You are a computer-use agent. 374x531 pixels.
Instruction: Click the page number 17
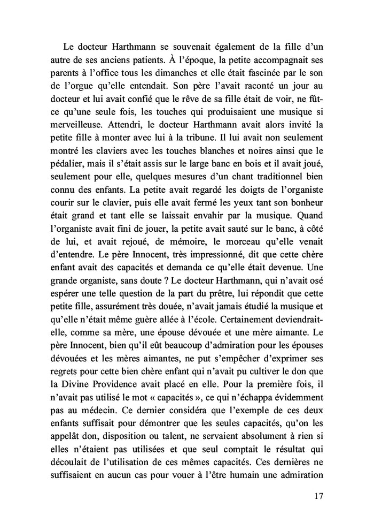[x=318, y=496]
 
